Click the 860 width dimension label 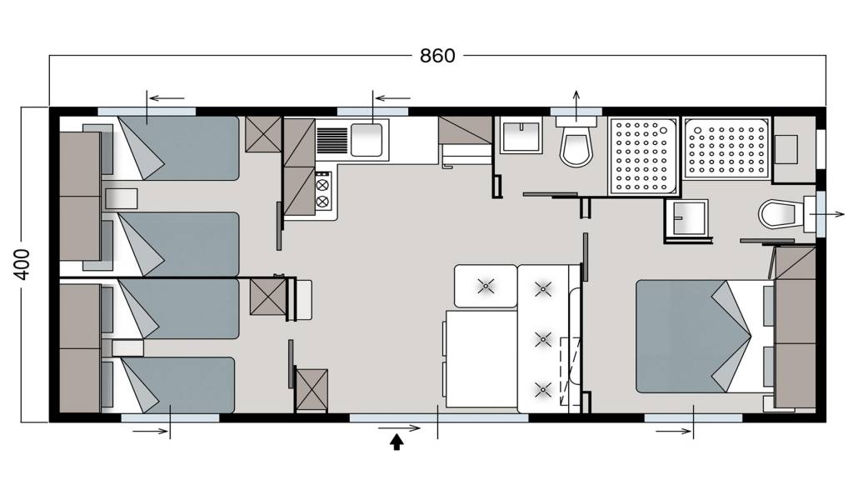[x=437, y=56]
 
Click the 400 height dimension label [x=22, y=264]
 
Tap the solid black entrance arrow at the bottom [x=397, y=442]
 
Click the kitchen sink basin [x=367, y=140]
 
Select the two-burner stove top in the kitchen [x=322, y=192]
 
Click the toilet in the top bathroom [x=576, y=142]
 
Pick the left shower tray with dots [x=642, y=156]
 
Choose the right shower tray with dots [x=726, y=148]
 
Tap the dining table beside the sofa [x=481, y=358]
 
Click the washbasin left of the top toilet [x=521, y=136]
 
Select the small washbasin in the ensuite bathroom [x=687, y=218]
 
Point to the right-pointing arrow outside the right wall [x=827, y=214]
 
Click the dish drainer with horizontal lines [x=332, y=140]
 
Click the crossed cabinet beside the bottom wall [x=312, y=390]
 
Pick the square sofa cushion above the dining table [x=486, y=287]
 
